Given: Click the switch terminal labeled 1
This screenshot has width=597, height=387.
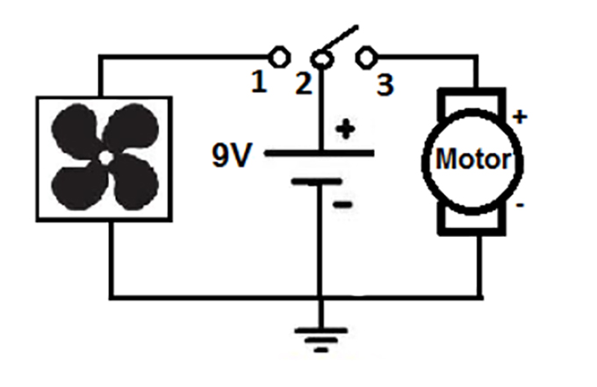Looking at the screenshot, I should (279, 58).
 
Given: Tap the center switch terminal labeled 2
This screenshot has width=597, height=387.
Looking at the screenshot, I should (323, 59).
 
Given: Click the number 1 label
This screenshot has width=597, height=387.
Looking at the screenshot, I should (258, 83).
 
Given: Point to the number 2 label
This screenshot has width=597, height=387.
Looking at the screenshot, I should (303, 85).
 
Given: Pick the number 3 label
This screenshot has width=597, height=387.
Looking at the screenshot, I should (385, 85).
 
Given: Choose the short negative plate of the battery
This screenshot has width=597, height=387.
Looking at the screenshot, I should (317, 182).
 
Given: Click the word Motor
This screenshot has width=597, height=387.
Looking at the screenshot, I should (473, 160).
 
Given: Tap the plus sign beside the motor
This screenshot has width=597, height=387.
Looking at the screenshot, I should (520, 116).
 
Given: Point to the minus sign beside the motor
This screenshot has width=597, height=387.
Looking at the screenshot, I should (521, 207).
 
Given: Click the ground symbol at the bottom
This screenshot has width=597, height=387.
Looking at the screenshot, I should (321, 338).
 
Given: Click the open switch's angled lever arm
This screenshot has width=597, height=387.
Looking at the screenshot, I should (340, 41).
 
